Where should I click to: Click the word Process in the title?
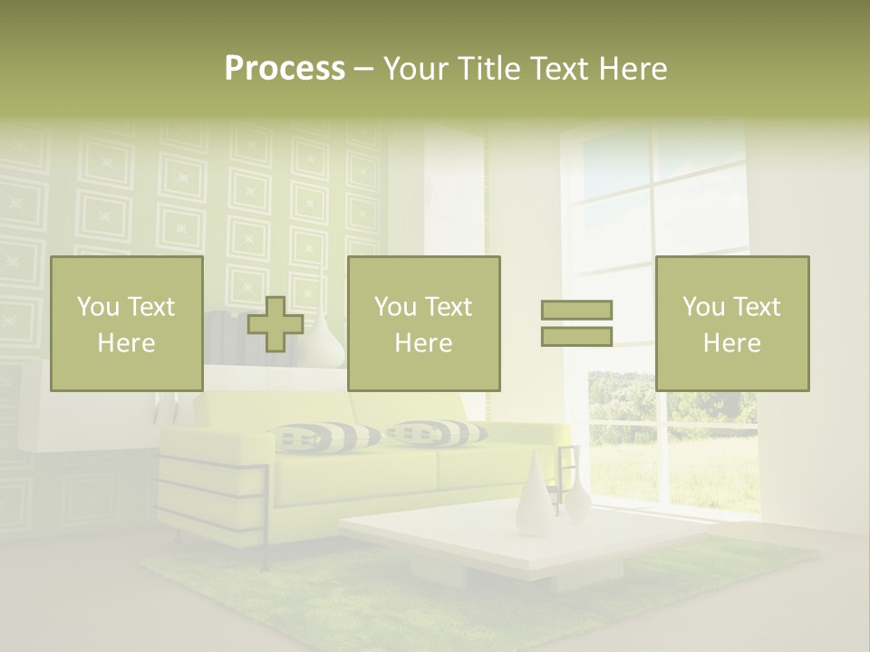coord(285,69)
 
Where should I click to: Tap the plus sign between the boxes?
coord(275,324)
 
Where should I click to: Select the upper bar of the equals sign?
coord(576,310)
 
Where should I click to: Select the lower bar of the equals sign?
coord(576,337)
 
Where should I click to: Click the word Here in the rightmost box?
coord(732,343)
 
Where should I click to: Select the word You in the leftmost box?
coord(99,307)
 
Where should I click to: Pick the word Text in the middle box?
coord(448,307)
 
